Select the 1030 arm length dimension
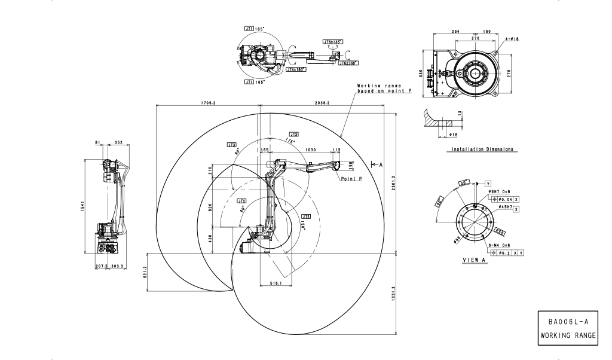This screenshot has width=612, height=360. (310, 150)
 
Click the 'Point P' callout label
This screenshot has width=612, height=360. (353, 178)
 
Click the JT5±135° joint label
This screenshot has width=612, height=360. (332, 42)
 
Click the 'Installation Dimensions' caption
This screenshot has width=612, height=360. (482, 149)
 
